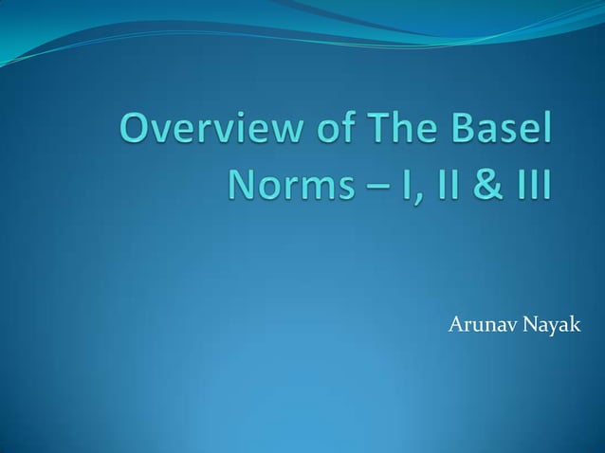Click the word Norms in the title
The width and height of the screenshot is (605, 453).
(x=286, y=183)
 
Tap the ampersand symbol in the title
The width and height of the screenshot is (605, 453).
(x=472, y=183)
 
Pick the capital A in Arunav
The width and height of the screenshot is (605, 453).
(x=454, y=327)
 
